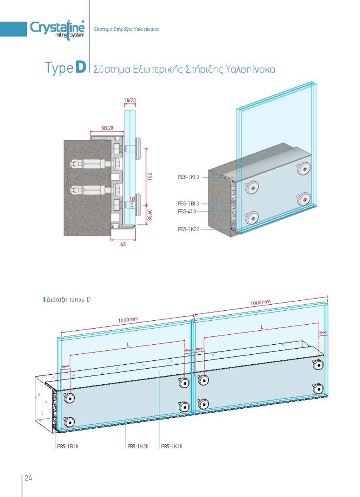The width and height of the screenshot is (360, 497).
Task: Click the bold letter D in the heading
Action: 80,68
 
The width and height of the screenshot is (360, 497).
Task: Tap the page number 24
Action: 28,478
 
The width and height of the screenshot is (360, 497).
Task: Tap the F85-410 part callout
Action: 187,212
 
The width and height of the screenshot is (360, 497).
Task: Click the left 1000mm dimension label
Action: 128,319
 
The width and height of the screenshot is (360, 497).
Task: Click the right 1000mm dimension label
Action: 261,303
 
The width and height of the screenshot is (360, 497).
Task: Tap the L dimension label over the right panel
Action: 262,327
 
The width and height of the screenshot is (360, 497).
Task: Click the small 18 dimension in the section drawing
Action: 133,198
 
